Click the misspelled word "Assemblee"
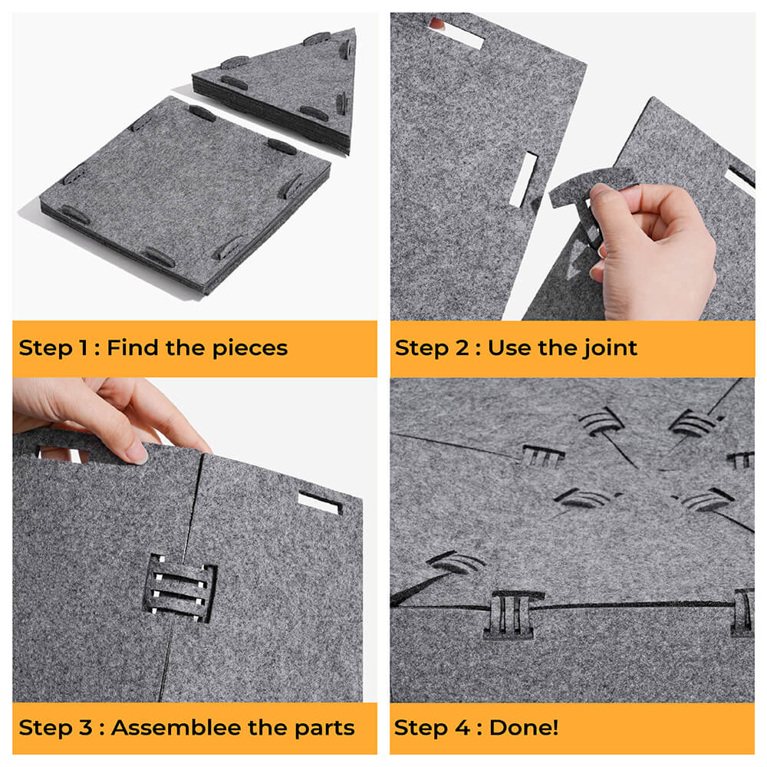click(x=176, y=727)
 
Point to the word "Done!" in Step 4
click(x=524, y=727)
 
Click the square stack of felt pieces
click(x=186, y=196)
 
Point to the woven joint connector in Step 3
click(x=179, y=588)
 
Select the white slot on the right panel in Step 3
click(x=319, y=503)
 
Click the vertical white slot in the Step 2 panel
click(x=523, y=179)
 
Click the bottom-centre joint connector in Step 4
click(x=512, y=615)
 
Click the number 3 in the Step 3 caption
click(x=86, y=727)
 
